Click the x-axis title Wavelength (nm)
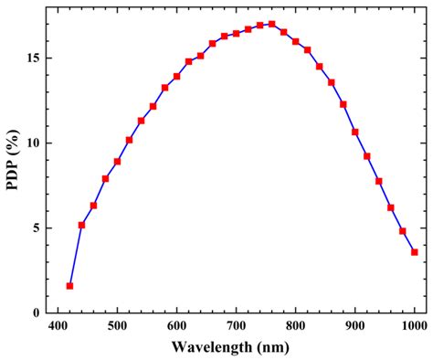pos(237,348)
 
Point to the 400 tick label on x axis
pos(58,326)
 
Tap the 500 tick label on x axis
pos(117,326)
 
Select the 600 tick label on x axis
pos(176,326)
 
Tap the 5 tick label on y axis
pos(36,228)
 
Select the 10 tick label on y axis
pos(33,143)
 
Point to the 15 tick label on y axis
pos(33,58)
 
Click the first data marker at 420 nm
pos(69,286)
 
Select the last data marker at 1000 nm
pos(414,252)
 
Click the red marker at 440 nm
pos(81,225)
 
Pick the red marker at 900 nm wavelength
pos(354,132)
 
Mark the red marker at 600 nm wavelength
pos(176,76)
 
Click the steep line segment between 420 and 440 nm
pos(75,256)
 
